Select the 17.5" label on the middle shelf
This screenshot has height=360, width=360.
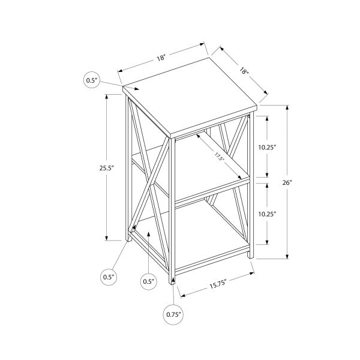(223, 158)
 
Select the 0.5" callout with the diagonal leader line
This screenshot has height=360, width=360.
(108, 277)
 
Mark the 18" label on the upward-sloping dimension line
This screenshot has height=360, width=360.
(161, 58)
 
